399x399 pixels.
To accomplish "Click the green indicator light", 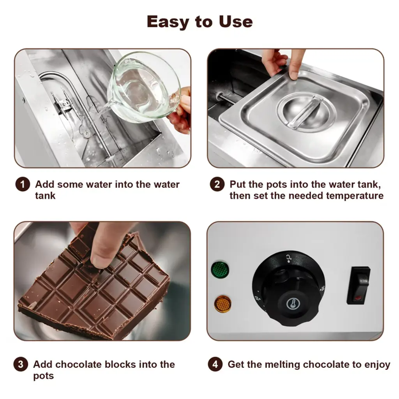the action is coord(220,269).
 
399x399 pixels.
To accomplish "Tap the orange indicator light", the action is coord(222,304).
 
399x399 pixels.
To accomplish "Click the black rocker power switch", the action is coord(358,285).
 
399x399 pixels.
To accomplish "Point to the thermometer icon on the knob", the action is coord(293,304).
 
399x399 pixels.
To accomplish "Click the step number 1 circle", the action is coord(23,184).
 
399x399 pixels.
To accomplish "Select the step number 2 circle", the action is coord(217,184).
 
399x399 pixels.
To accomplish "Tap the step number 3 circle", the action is coord(21,364).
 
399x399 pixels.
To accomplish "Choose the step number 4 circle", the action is coord(215,364).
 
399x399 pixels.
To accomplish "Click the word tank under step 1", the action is coord(45,196).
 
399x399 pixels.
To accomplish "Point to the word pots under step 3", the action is coord(44,376).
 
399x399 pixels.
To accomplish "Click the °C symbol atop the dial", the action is coord(289,259).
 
